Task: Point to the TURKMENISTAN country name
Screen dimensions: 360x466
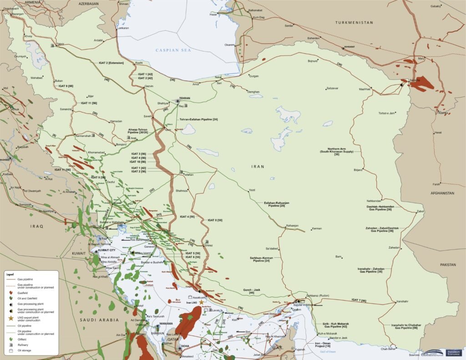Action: click(354, 22)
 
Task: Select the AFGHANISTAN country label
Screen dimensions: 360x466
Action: click(440, 193)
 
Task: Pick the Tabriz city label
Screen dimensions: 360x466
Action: click(61, 44)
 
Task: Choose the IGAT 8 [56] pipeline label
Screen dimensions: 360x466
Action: click(214, 220)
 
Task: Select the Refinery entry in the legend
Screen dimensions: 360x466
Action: click(23, 345)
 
